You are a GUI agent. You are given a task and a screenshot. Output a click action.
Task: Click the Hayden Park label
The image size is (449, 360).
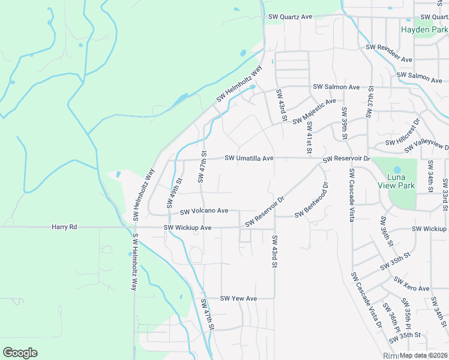[424, 29]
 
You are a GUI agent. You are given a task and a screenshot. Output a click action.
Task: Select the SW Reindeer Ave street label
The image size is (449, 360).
[389, 53]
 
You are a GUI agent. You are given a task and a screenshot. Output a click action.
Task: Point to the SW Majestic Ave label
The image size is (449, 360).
[314, 112]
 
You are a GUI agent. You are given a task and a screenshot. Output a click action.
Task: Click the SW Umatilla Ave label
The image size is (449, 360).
[249, 158]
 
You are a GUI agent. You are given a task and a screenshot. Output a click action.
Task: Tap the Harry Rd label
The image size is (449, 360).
[65, 227]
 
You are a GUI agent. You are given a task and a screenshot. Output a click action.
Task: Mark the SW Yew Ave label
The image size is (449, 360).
[238, 298]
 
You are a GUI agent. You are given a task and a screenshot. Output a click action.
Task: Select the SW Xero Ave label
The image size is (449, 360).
[412, 284]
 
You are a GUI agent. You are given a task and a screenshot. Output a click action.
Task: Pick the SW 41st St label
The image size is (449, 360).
[309, 137]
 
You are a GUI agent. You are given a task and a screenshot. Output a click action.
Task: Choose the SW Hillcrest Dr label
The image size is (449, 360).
[402, 137]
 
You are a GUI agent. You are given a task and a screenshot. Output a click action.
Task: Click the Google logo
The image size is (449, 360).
[20, 353]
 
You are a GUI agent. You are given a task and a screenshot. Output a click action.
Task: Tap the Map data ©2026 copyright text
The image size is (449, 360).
[423, 355]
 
